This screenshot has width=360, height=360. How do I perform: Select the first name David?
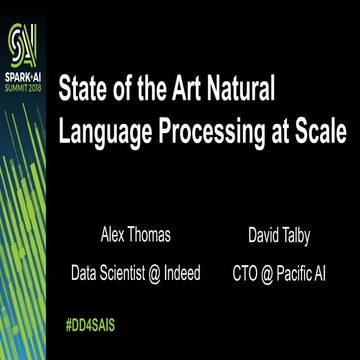pyautogui.click(x=267, y=237)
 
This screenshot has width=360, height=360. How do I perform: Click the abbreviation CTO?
pyautogui.click(x=246, y=270)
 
